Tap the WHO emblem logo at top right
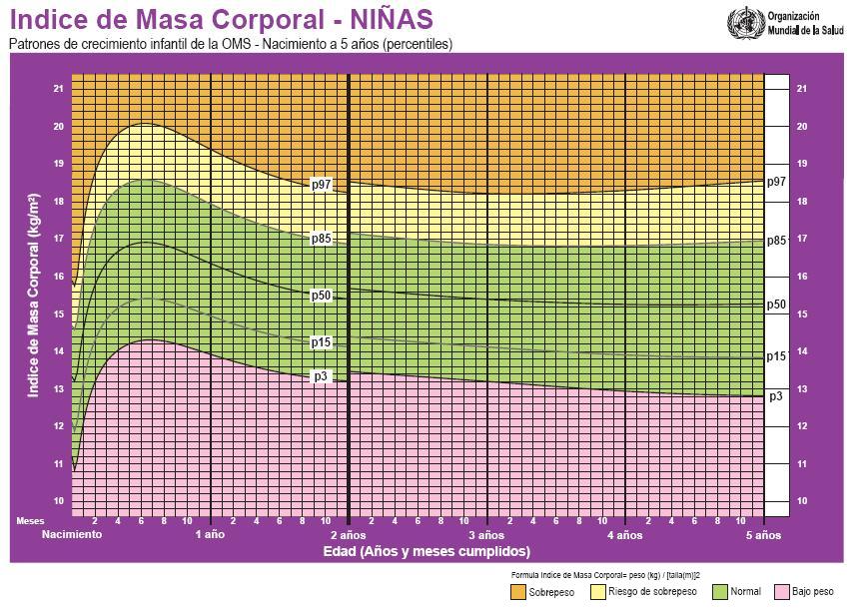click(x=746, y=22)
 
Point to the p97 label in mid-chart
click(x=321, y=185)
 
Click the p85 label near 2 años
click(x=321, y=239)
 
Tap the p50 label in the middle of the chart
click(x=321, y=296)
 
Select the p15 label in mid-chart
click(x=321, y=342)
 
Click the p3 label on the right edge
click(x=776, y=396)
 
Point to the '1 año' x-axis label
click(x=210, y=535)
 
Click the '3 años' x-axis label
click(x=486, y=535)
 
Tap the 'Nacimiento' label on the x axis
click(x=72, y=535)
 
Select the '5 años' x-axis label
click(x=763, y=535)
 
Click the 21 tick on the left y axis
click(x=59, y=89)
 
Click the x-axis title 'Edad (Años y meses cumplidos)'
click(x=427, y=551)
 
